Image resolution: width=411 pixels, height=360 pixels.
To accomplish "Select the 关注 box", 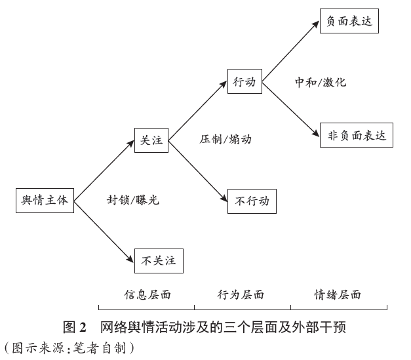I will (151, 140).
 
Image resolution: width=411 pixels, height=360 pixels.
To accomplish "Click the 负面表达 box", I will (349, 21).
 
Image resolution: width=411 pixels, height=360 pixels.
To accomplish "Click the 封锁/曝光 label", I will (133, 200).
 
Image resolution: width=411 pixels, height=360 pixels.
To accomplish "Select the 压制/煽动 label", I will (225, 139).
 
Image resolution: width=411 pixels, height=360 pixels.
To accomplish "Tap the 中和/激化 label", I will (321, 82).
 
